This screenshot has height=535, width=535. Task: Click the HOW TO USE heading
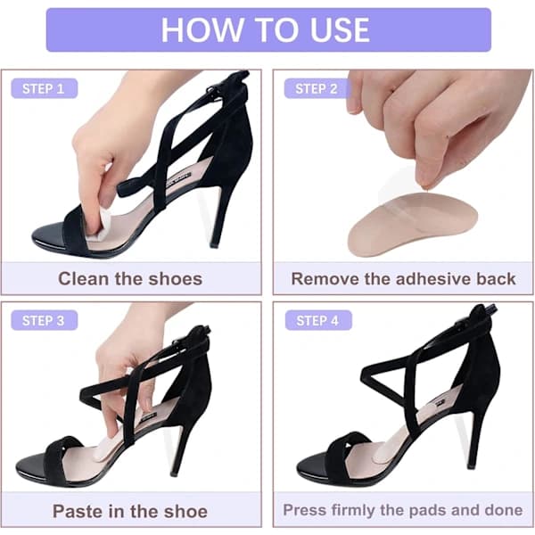coord(265,29)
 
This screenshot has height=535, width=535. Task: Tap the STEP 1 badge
coord(45,88)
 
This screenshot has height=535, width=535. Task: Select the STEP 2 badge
coord(317,88)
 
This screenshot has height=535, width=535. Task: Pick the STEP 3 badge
coord(45,320)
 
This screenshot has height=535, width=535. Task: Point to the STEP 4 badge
coord(318,320)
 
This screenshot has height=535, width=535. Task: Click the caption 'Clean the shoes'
coord(130,278)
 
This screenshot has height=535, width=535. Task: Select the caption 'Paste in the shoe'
coord(130,511)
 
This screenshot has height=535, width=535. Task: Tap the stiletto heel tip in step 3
coord(175,473)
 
